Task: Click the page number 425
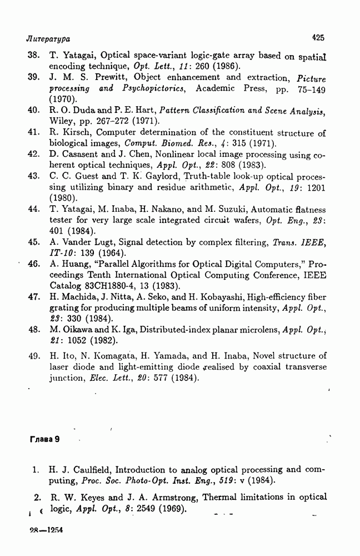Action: [x=318, y=38]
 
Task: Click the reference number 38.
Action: [x=33, y=56]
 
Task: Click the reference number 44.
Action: [x=33, y=210]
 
